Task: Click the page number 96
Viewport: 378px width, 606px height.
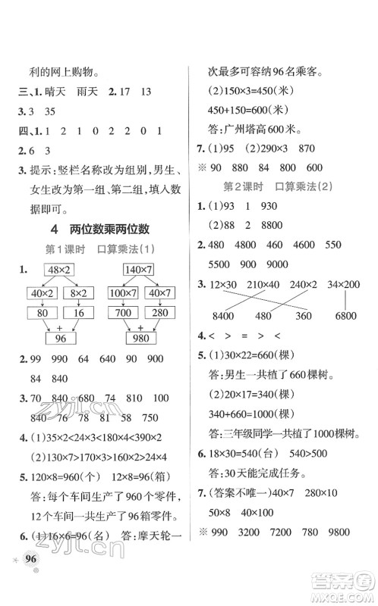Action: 31,579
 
